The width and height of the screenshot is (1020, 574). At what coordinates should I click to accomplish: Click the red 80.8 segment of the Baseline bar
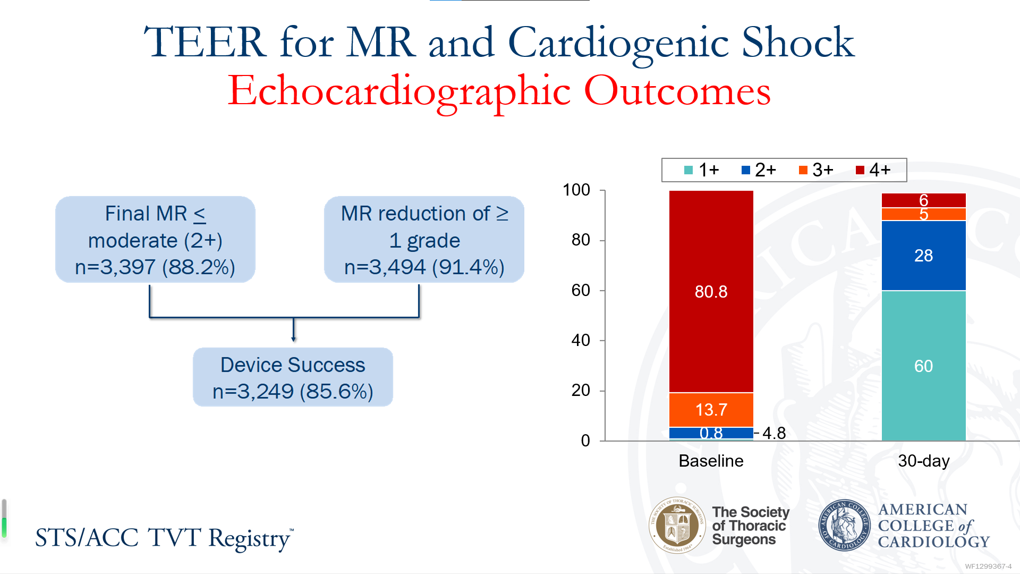(x=711, y=291)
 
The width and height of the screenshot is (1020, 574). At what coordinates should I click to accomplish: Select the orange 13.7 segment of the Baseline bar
(x=711, y=409)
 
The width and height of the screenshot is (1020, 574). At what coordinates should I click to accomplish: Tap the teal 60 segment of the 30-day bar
(x=923, y=366)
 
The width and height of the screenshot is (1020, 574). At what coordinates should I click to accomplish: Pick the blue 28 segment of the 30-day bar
(x=923, y=255)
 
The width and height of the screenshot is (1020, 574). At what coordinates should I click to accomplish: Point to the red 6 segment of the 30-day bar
(x=923, y=200)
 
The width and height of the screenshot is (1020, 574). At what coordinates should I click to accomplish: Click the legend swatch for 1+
(x=688, y=170)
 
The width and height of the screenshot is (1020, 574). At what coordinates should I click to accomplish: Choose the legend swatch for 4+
(x=860, y=170)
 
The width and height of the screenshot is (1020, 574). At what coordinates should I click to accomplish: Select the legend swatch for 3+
(x=803, y=170)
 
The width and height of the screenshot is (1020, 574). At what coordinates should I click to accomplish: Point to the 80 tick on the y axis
(x=581, y=240)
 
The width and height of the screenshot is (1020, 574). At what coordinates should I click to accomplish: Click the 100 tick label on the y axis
(x=576, y=190)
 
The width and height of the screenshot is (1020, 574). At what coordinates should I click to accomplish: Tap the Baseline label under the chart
(x=711, y=461)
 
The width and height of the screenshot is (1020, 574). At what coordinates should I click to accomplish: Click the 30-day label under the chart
(x=923, y=461)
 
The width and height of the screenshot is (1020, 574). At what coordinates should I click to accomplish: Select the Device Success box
(x=293, y=377)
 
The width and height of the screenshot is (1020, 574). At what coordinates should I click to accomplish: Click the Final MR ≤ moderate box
(x=155, y=240)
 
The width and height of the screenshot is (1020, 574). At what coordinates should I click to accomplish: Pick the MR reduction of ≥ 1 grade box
(x=424, y=240)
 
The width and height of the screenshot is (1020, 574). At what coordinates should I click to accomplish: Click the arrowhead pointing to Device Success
(x=293, y=339)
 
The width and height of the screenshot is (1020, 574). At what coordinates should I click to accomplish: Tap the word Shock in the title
(x=798, y=43)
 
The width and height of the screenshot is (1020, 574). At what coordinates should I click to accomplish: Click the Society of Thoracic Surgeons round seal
(x=677, y=526)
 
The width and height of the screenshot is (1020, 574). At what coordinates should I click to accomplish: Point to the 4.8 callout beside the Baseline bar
(x=773, y=433)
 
